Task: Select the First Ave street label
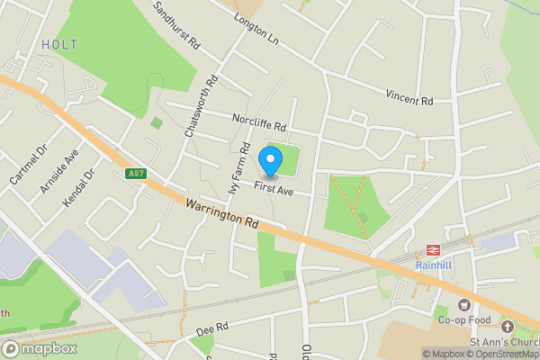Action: tap(274, 189)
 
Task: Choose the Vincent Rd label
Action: tap(409, 94)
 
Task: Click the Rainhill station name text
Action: tap(434, 265)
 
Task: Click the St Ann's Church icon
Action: tap(508, 327)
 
